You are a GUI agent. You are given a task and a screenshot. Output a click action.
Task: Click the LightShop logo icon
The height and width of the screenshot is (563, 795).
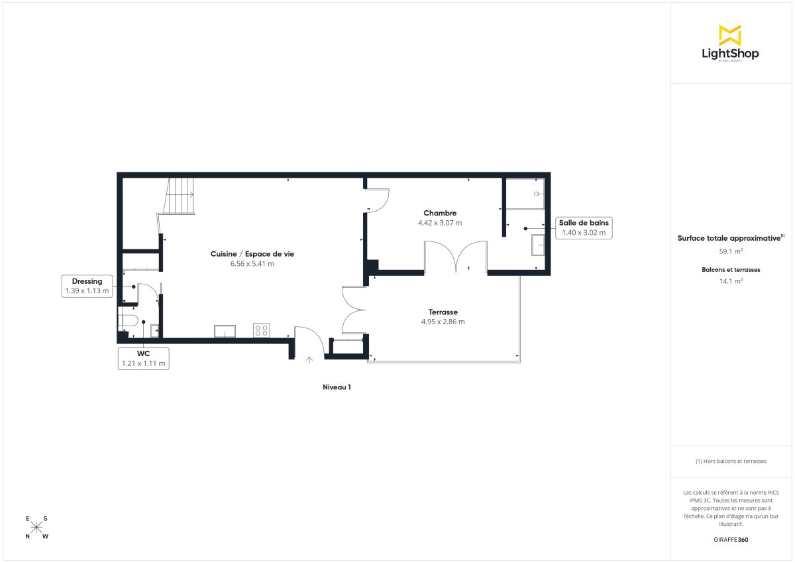(729, 35)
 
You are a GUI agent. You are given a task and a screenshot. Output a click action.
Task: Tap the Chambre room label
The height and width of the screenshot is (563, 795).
(440, 213)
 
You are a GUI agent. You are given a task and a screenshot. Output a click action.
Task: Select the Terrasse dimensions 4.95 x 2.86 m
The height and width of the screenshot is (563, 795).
(443, 322)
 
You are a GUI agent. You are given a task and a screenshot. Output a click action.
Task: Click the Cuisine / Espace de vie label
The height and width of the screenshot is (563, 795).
(252, 254)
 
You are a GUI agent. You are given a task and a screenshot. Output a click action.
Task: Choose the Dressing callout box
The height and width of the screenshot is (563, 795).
(87, 286)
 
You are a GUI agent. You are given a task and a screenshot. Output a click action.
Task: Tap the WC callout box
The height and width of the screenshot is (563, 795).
(143, 359)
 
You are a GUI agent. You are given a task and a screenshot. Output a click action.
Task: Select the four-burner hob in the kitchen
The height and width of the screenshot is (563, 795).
(261, 330)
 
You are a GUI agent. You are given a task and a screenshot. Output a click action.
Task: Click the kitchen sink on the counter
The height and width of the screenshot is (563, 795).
(225, 331)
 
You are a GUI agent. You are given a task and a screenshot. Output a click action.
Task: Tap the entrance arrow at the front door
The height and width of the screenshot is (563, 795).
(309, 360)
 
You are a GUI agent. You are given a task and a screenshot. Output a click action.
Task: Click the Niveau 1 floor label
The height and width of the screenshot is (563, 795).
(337, 387)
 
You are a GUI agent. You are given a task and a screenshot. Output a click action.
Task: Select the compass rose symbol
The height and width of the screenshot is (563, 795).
(37, 527)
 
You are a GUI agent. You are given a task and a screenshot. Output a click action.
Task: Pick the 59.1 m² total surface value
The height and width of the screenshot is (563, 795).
(731, 251)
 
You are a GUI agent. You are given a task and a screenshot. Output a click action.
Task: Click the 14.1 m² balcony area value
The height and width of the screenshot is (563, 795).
(731, 281)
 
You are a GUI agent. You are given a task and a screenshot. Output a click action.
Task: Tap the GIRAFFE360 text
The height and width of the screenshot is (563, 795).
(731, 539)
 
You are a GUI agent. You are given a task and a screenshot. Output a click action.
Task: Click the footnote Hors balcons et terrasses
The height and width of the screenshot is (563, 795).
(731, 461)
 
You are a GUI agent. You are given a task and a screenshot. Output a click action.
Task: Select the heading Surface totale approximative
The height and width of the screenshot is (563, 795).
(729, 238)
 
